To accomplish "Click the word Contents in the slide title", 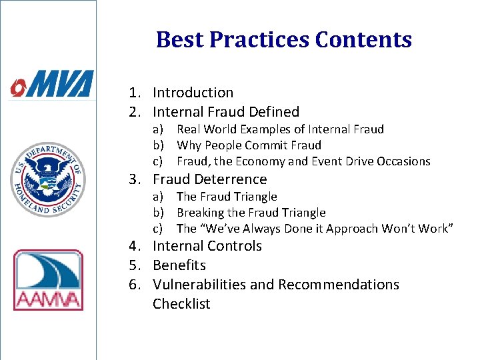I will click(x=363, y=40).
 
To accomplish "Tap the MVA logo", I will click(x=51, y=85).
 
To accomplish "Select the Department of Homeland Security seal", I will click(x=47, y=179).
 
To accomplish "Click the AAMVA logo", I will click(x=48, y=280).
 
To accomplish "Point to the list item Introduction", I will click(x=193, y=93).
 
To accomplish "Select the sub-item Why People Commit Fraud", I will click(x=249, y=145).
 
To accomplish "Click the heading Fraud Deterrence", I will click(x=209, y=179).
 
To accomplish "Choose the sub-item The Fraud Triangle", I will click(x=226, y=197).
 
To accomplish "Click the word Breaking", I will click(x=200, y=213).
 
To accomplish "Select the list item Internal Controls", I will click(x=207, y=246).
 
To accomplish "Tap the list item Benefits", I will click(x=179, y=265).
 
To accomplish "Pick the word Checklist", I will click(x=181, y=304).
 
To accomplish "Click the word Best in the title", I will click(x=179, y=40).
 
